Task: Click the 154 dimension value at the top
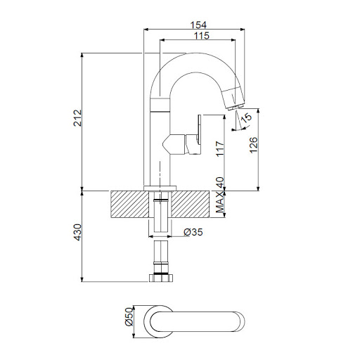(198, 25)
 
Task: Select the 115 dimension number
(202, 36)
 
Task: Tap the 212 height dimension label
(77, 118)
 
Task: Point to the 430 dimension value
(77, 232)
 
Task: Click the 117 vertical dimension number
(220, 149)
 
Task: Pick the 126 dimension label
(253, 145)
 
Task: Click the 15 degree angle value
(246, 117)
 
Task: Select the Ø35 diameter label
(193, 232)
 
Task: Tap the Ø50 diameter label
(129, 316)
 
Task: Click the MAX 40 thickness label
(220, 195)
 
